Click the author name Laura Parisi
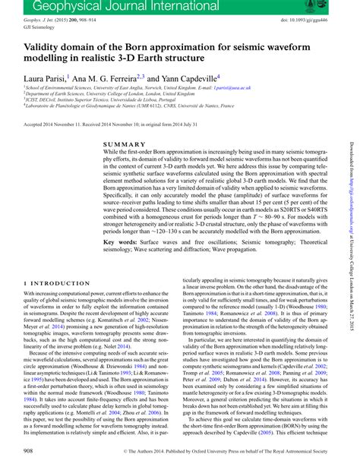click(47, 77)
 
